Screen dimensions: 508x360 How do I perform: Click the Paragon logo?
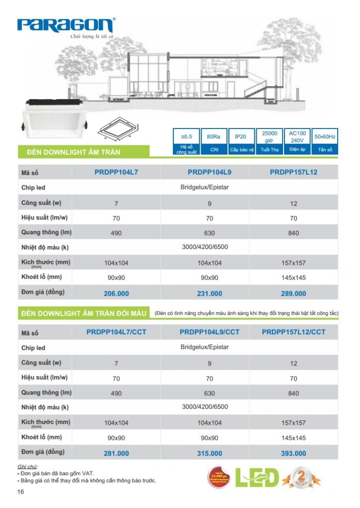tap(66, 25)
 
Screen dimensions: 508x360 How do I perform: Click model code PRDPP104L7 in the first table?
tap(116, 173)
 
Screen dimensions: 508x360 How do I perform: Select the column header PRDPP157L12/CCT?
tap(293, 332)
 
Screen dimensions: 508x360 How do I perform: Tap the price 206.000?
tap(116, 293)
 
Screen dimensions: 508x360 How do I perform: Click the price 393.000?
tap(293, 453)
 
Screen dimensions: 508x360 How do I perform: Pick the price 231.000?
tap(210, 293)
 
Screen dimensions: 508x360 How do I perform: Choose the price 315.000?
tap(210, 453)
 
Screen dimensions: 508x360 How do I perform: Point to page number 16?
tap(20, 492)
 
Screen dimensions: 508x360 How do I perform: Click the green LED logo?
tap(257, 477)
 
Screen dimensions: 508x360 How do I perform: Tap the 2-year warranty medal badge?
tap(301, 478)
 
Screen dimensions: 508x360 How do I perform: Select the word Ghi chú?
tap(27, 467)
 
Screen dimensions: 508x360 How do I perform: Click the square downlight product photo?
tap(54, 117)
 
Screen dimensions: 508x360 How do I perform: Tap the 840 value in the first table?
tap(293, 233)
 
